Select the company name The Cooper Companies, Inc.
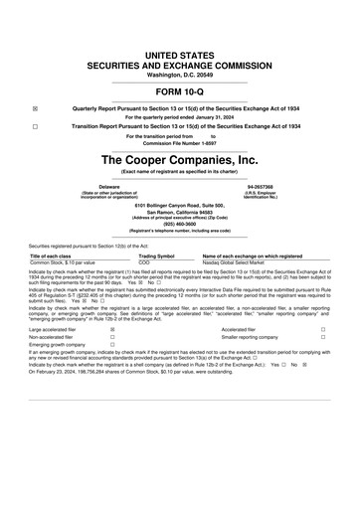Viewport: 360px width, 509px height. click(x=180, y=158)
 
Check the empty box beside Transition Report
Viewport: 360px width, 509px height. click(x=35, y=128)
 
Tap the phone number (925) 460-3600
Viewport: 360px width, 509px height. click(x=180, y=224)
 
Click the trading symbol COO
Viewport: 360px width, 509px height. click(x=143, y=262)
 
